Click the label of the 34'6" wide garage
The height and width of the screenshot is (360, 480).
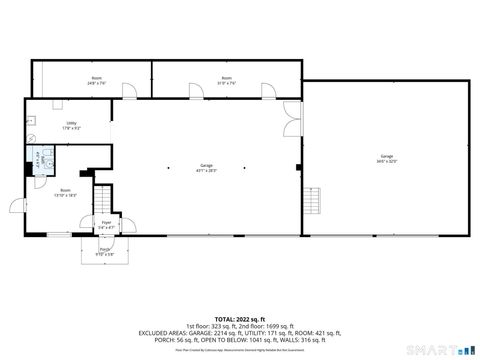(386, 159)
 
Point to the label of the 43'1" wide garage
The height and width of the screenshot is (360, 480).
(207, 167)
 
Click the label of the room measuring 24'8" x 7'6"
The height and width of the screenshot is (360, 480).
(97, 80)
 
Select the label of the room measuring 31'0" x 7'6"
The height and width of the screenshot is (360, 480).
(226, 80)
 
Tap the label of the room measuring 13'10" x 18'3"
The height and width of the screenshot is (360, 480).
(65, 192)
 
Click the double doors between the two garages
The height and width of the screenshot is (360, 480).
(290, 120)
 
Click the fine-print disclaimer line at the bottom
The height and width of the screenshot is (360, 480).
(239, 350)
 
